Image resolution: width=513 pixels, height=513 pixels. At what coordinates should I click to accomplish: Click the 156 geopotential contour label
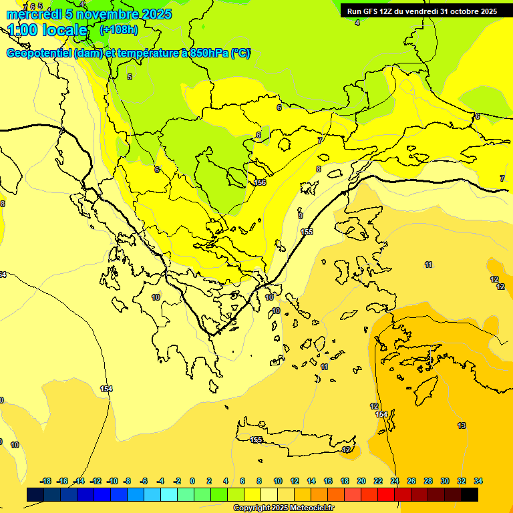click(x=261, y=182)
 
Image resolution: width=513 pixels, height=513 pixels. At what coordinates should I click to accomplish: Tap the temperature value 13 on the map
click(x=462, y=425)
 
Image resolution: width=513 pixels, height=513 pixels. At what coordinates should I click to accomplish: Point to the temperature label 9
click(x=301, y=216)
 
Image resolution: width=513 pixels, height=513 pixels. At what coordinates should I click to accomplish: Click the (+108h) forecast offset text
click(x=118, y=30)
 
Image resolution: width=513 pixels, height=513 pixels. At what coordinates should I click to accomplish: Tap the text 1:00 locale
click(x=47, y=30)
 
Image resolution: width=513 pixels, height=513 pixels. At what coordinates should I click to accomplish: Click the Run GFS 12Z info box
click(x=421, y=11)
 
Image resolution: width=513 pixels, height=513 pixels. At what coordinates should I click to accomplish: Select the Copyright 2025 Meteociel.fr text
click(x=283, y=508)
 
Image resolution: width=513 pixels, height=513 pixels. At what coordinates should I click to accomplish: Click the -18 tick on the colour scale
click(x=46, y=481)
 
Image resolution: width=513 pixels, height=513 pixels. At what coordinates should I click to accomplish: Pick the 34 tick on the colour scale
click(x=478, y=481)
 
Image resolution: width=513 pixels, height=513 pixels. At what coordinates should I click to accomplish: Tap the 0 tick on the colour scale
click(x=192, y=481)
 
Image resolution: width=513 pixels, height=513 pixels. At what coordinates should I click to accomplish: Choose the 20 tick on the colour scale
click(x=361, y=481)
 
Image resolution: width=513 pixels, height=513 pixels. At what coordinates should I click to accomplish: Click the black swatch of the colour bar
click(x=470, y=495)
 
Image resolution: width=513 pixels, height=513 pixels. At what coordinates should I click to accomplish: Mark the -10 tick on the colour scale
click(x=113, y=481)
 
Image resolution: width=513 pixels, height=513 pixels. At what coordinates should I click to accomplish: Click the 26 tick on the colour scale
click(x=411, y=481)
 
